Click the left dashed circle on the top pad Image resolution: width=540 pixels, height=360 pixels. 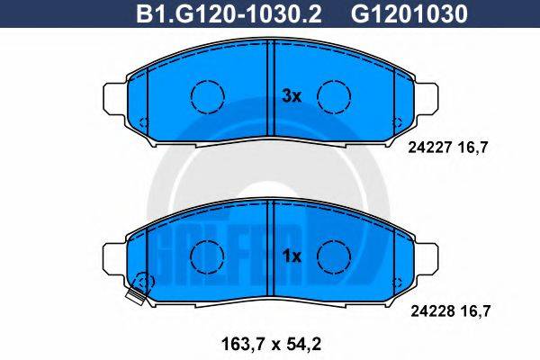tap(208, 94)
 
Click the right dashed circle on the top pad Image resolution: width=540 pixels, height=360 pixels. tap(335, 94)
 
